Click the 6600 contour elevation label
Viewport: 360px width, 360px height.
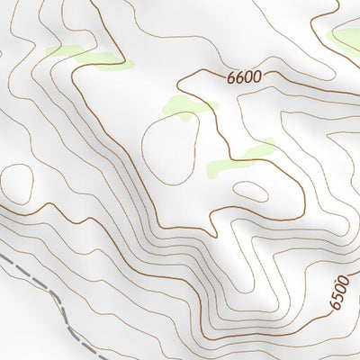pyautogui.click(x=244, y=77)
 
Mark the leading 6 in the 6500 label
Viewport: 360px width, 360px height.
pyautogui.click(x=335, y=307)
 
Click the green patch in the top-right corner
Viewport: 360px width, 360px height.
pyautogui.click(x=347, y=38)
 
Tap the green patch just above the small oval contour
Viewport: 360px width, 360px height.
pyautogui.click(x=241, y=158)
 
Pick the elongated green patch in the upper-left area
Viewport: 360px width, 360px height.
pyautogui.click(x=85, y=56)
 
